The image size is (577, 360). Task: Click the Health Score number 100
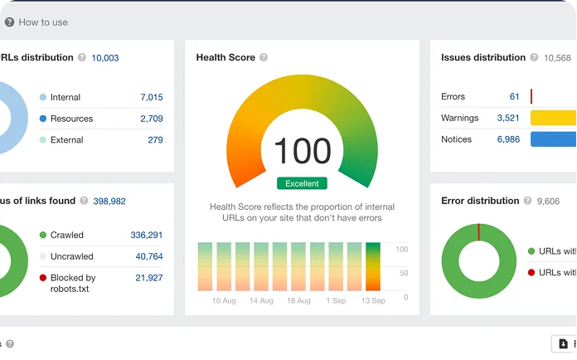pyautogui.click(x=302, y=152)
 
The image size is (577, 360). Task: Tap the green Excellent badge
pyautogui.click(x=302, y=183)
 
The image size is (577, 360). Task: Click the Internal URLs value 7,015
pyautogui.click(x=152, y=97)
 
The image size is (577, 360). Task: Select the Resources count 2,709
pyautogui.click(x=152, y=119)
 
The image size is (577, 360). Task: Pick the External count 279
pyautogui.click(x=155, y=140)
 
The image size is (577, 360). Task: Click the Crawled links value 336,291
pyautogui.click(x=146, y=235)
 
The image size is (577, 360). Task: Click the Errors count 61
pyautogui.click(x=514, y=97)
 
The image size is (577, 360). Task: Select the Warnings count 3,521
pyautogui.click(x=508, y=118)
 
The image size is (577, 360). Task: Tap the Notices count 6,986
pyautogui.click(x=508, y=139)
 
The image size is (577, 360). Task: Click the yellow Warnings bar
pyautogui.click(x=553, y=118)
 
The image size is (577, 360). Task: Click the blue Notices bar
pyautogui.click(x=553, y=139)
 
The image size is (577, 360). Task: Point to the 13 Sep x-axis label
pyautogui.click(x=373, y=300)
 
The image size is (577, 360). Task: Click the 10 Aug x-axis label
pyautogui.click(x=225, y=300)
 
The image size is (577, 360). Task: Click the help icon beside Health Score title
pyautogui.click(x=264, y=58)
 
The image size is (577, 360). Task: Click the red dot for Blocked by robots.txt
pyautogui.click(x=43, y=278)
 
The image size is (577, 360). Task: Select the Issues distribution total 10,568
pyautogui.click(x=557, y=58)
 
